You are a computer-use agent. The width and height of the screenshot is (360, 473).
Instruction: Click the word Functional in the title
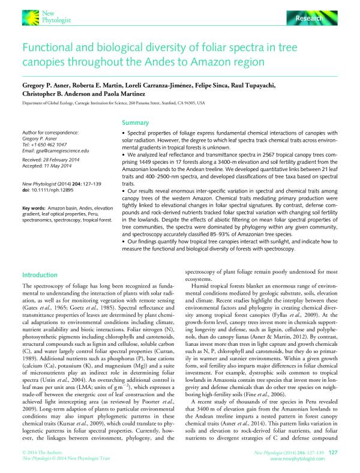[49, 46]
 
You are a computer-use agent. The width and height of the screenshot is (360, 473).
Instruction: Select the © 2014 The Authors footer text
[43, 450]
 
